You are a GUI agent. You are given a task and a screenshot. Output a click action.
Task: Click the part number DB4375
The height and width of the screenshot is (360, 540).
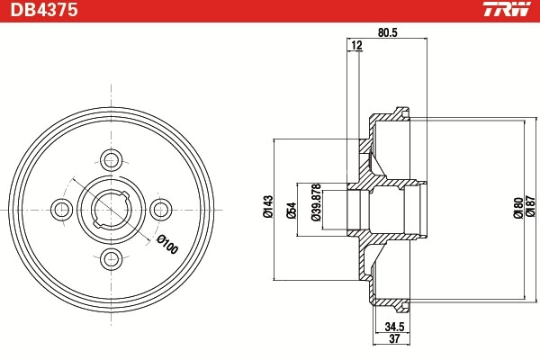tap(43, 11)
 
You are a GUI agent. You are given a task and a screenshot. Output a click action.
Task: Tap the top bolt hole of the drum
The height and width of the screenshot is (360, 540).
tap(112, 160)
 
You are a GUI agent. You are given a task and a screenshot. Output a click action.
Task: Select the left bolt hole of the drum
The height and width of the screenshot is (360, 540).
tap(62, 210)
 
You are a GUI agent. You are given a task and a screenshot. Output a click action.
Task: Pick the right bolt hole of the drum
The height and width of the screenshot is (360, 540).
tap(161, 210)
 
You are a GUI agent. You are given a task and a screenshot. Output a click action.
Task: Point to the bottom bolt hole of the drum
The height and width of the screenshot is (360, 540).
tap(112, 259)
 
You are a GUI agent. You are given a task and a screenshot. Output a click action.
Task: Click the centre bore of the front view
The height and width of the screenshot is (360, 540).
tap(112, 210)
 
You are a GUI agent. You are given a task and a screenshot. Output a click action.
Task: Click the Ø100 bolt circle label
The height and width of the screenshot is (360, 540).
tap(167, 245)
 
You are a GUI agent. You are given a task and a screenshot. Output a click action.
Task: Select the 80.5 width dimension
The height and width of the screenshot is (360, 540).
tap(388, 33)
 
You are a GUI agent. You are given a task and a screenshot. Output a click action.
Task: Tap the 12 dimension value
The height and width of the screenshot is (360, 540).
tap(357, 45)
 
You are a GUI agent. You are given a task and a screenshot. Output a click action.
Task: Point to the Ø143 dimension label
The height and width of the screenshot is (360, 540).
tap(267, 208)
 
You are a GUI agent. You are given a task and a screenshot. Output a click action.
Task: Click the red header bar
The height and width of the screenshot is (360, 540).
tap(270, 11)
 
